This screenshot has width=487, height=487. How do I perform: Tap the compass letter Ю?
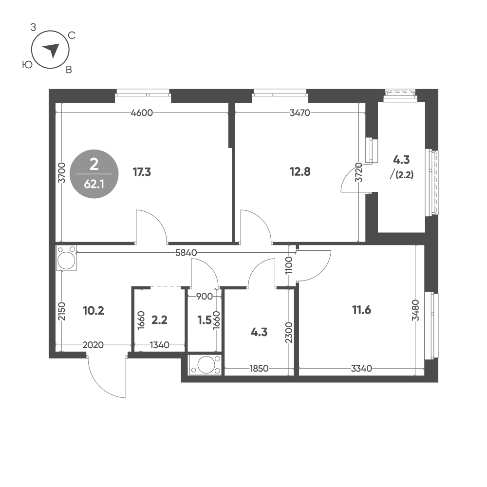[x=27, y=64]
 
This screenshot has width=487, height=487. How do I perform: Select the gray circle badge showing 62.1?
[x=94, y=174]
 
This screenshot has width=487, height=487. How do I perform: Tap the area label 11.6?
[x=361, y=309]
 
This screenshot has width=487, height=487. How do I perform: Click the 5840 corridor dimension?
[x=188, y=253]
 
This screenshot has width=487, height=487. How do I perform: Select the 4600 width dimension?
[x=142, y=113]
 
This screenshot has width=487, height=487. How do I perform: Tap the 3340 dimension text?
[x=361, y=369]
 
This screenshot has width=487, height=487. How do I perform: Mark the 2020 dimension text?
[x=93, y=345]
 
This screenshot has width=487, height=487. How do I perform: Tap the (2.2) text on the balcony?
[x=405, y=176]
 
